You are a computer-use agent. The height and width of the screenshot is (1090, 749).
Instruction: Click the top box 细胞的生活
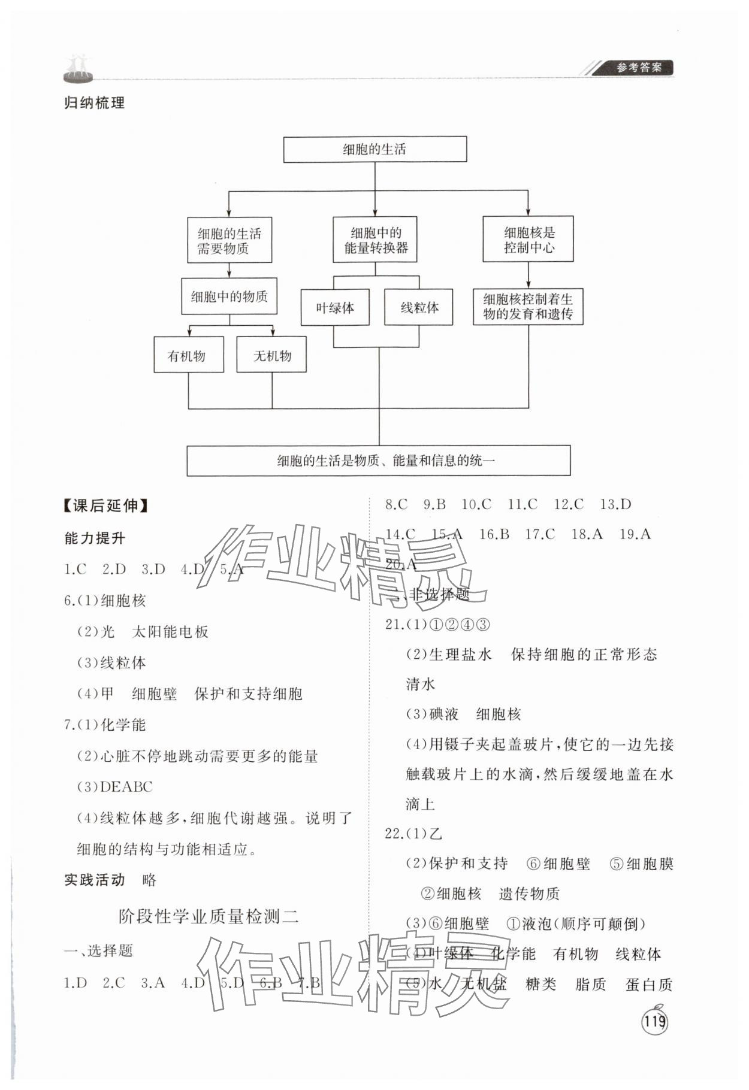point(374,149)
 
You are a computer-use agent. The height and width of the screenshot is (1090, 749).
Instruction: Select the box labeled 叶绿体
point(335,308)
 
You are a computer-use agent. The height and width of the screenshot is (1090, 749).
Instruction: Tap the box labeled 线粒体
point(419,308)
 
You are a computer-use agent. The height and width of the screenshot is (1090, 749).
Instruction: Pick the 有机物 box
point(188,356)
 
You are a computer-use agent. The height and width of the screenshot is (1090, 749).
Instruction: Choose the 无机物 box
point(271,356)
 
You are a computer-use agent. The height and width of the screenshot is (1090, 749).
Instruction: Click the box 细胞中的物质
point(229,296)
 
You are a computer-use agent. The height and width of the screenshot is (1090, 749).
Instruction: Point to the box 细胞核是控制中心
point(528,240)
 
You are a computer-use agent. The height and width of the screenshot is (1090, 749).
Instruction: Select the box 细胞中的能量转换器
point(375,240)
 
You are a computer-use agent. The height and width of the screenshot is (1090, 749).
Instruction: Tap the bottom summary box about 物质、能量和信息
point(378,461)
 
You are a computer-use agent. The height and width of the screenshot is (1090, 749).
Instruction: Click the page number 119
point(654,1021)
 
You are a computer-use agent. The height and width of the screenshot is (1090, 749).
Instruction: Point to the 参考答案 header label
point(639,68)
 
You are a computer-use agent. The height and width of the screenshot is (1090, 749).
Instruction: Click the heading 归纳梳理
point(95,103)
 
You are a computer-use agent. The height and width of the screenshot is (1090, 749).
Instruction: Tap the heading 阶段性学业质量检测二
point(209,916)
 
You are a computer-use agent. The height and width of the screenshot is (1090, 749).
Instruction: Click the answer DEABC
point(126,787)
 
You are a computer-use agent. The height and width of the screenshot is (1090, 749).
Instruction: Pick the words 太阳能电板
point(170,632)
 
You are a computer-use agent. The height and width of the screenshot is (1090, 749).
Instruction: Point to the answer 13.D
point(615,505)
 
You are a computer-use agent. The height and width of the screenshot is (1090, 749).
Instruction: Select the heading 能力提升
point(95,538)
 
